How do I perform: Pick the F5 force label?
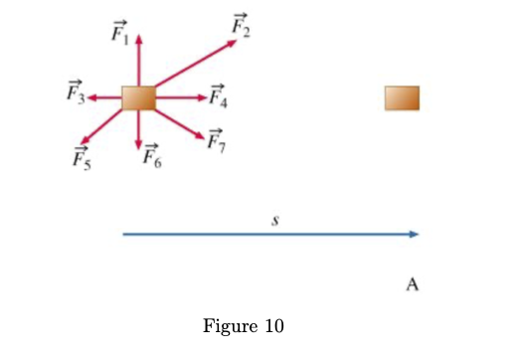point(81,156)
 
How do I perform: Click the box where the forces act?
point(139,97)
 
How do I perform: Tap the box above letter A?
point(403,97)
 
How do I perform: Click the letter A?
point(413,285)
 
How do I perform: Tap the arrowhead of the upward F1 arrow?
point(139,41)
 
